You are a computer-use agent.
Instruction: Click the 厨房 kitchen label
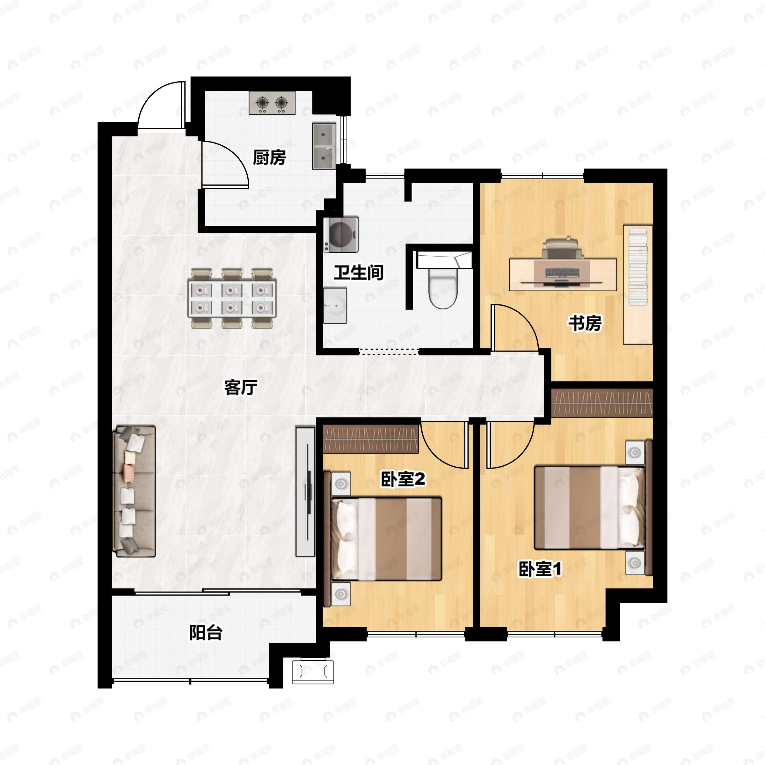pyautogui.click(x=269, y=157)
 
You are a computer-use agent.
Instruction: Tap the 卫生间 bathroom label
pyautogui.click(x=358, y=273)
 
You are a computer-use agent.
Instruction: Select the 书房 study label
pyautogui.click(x=585, y=323)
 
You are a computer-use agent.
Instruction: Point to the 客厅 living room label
pyautogui.click(x=241, y=387)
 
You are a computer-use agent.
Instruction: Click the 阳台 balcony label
pyautogui.click(x=206, y=632)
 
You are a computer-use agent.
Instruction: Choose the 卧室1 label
pyautogui.click(x=540, y=569)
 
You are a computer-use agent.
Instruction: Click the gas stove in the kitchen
pyautogui.click(x=272, y=103)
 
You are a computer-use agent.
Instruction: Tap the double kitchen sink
pyautogui.click(x=324, y=146)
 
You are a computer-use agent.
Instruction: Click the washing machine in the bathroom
pyautogui.click(x=341, y=234)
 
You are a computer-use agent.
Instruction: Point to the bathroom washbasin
pyautogui.click(x=335, y=305)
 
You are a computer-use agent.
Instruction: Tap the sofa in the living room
pyautogui.click(x=134, y=492)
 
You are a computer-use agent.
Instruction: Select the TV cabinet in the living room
pyautogui.click(x=305, y=492)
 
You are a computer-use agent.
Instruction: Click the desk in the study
pyautogui.click(x=563, y=274)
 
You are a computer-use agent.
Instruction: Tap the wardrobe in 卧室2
pyautogui.click(x=371, y=439)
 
